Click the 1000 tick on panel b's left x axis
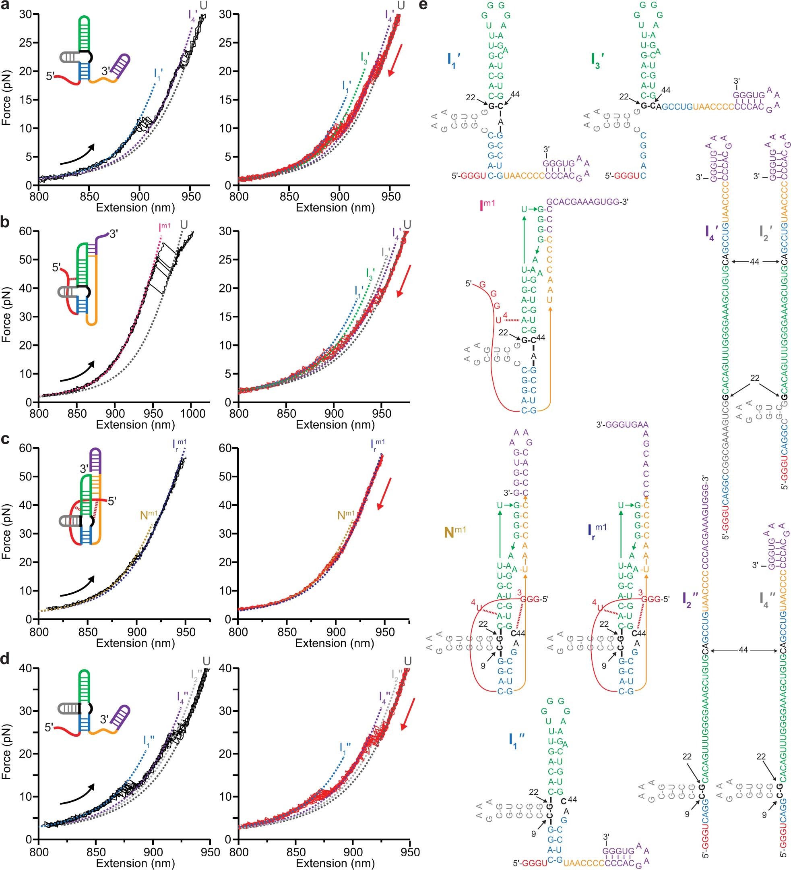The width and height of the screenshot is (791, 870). [192, 413]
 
